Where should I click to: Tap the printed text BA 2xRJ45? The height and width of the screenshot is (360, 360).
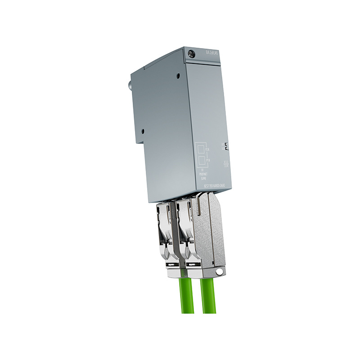coord(212,52)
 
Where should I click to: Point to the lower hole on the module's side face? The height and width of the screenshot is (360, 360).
coord(142,131)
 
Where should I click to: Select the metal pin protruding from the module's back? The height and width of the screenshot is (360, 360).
coord(130,84)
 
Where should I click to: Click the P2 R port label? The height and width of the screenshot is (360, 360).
coord(207,149)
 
